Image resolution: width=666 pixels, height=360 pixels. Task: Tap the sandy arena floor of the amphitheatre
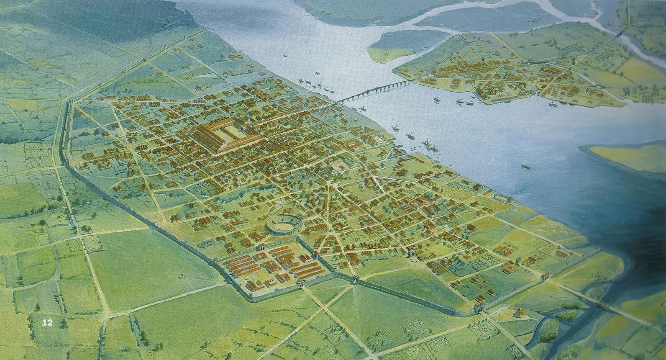click(x=281, y=222)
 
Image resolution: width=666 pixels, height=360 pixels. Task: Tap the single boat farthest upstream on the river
click(x=285, y=54)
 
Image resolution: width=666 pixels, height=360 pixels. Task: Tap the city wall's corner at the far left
click(x=68, y=102)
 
